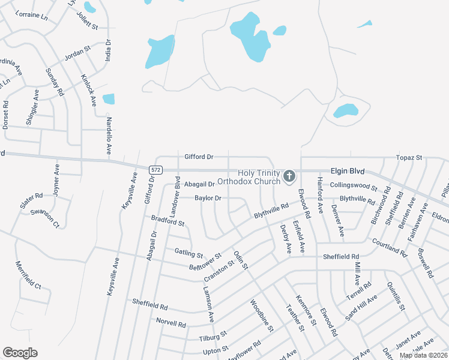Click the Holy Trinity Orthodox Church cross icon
(x=289, y=176)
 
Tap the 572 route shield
(x=156, y=170)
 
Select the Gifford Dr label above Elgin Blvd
(x=199, y=157)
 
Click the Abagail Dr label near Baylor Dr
(x=199, y=184)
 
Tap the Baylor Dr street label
(x=208, y=198)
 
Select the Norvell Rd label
(x=171, y=323)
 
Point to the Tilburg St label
(x=213, y=335)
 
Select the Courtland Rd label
(x=390, y=244)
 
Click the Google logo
(x=20, y=353)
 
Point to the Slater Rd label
(x=31, y=200)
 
